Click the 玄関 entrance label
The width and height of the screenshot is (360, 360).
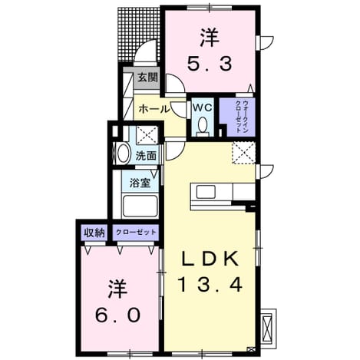pos(147,78)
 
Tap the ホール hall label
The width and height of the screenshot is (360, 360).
pos(154,109)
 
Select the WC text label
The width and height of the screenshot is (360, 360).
pos(202,107)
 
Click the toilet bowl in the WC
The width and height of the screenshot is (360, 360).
pos(203,124)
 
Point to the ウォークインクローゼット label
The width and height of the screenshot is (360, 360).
pos(242,117)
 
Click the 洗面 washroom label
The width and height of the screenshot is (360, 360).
pos(146,156)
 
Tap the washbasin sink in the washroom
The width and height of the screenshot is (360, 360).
pos(123,154)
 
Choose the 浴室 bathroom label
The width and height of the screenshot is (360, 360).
pos(140,183)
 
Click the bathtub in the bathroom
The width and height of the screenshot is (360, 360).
pos(140,206)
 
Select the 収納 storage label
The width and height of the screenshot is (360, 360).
pos(94,233)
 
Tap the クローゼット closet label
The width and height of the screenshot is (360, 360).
pos(136,233)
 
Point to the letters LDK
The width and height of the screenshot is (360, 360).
pos(210,259)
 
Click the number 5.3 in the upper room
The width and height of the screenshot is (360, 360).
pos(210,64)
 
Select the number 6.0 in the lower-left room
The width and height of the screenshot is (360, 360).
pos(117,315)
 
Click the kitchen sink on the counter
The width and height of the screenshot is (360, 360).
pos(206,192)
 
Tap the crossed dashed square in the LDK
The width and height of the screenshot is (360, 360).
pos(243,153)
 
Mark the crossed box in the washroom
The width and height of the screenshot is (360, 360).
pos(147,135)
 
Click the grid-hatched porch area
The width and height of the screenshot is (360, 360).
pos(138,34)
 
